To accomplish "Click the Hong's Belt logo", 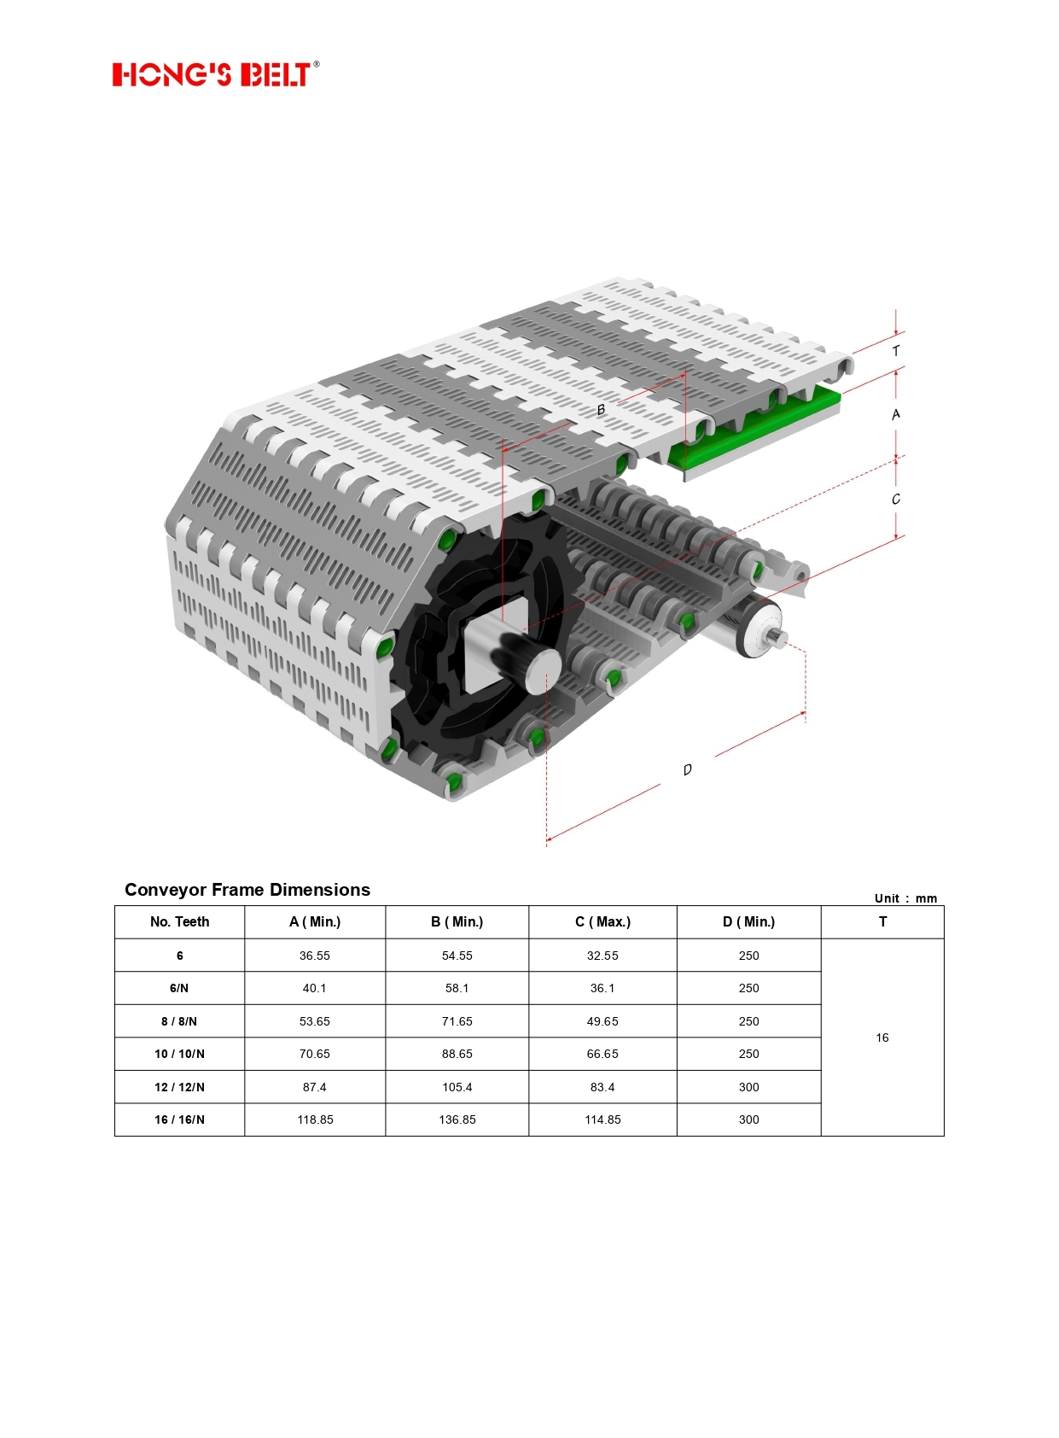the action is (x=216, y=73).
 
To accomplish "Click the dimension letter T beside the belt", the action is (x=896, y=351).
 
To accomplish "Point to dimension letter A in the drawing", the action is (x=896, y=415).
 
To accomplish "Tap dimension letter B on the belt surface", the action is (x=601, y=410).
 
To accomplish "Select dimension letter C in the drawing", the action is (x=896, y=499).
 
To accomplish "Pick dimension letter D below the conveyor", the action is (x=688, y=769).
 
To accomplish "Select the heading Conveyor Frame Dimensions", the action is (x=247, y=890).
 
